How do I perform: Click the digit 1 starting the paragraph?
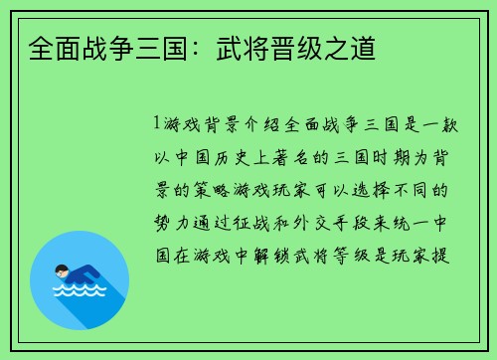pyautogui.click(x=157, y=125)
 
